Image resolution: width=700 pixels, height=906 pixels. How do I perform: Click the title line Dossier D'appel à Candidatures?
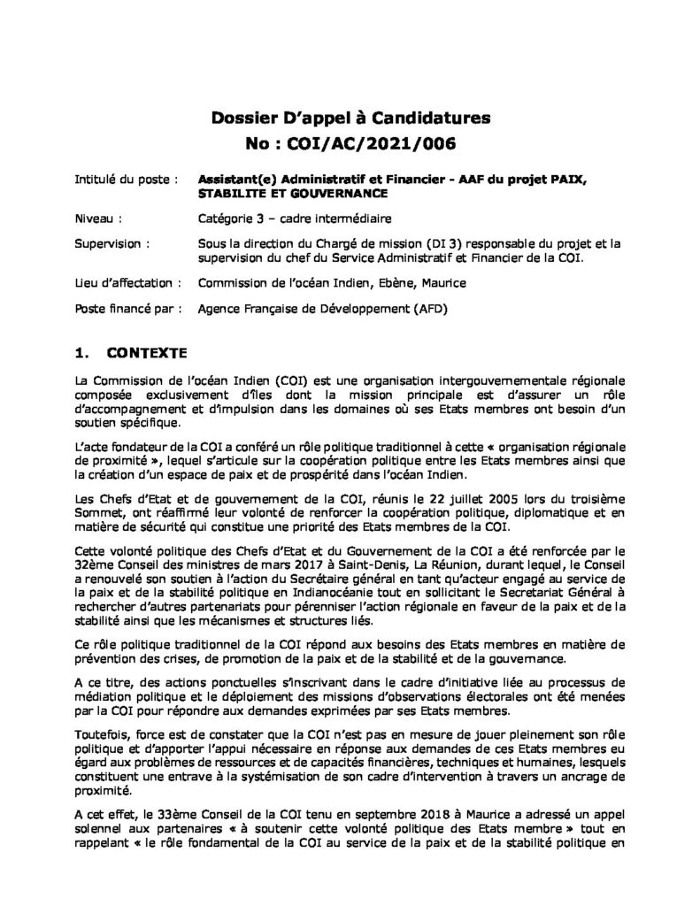350,116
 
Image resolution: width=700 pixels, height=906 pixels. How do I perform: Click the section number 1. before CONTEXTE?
85,353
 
